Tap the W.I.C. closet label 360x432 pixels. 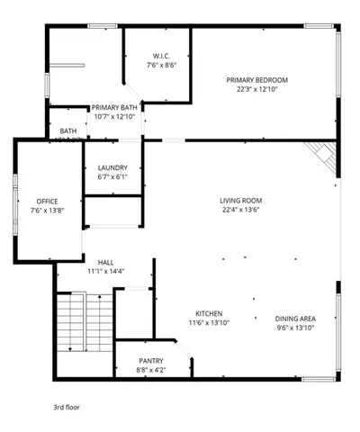pos(162,56)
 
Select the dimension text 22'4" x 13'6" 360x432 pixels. pos(240,211)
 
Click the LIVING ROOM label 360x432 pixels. pos(240,201)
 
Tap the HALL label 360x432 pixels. pos(105,262)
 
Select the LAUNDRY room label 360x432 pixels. pos(112,167)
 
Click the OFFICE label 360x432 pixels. pos(48,201)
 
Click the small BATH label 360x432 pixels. pos(68,131)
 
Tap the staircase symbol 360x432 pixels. pos(84,328)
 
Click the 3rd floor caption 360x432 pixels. pos(67,407)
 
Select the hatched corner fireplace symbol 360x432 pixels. pos(321,156)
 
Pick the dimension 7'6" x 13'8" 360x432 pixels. pos(48,211)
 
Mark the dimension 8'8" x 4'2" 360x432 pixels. pos(151,369)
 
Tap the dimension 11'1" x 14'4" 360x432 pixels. pos(105,271)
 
